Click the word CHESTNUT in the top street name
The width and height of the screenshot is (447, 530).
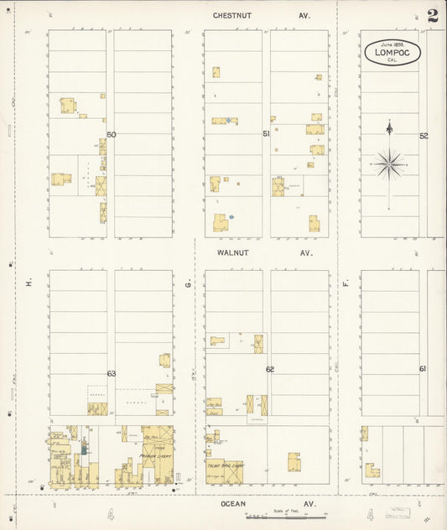click(x=231, y=15)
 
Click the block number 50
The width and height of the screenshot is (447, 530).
click(x=111, y=134)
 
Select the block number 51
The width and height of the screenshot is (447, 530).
click(x=267, y=134)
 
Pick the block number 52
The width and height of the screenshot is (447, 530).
click(x=424, y=135)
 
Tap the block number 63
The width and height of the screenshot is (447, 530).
click(x=111, y=373)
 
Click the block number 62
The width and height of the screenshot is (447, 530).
click(x=270, y=369)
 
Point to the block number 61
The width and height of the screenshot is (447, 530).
click(x=423, y=369)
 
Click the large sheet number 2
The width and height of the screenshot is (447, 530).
click(x=432, y=17)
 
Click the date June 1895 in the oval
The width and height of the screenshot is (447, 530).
click(x=392, y=44)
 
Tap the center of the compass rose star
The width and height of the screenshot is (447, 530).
click(x=389, y=164)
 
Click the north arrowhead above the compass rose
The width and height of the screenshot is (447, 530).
click(x=389, y=127)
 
